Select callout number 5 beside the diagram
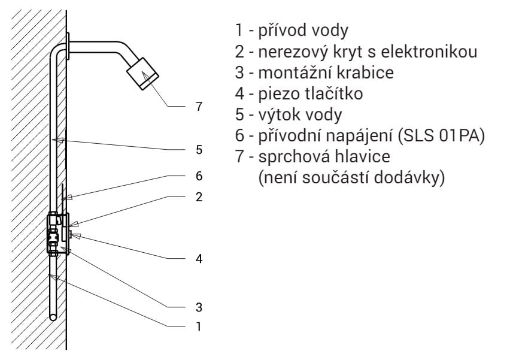tap(199, 149)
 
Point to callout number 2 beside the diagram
tap(199, 196)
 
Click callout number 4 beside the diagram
tap(199, 259)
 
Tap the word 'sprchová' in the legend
tap(293, 157)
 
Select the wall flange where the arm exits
tap(69, 46)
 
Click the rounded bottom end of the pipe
tap(53, 317)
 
